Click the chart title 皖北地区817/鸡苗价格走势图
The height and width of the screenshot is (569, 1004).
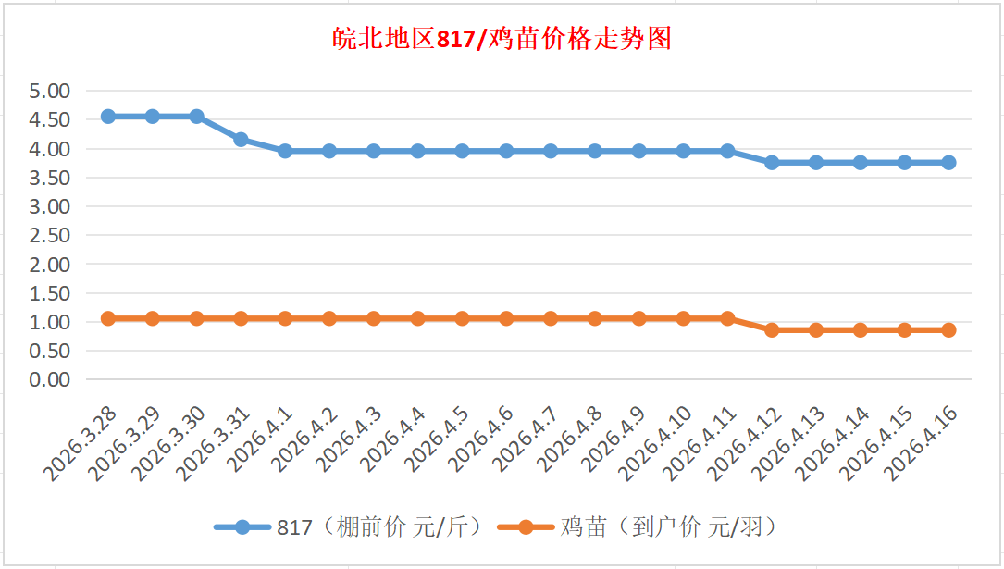pos(502,40)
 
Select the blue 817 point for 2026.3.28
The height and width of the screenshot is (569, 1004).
pos(108,117)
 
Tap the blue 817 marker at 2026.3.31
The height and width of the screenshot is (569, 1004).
pos(241,140)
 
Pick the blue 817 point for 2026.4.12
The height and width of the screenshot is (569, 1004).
pos(772,162)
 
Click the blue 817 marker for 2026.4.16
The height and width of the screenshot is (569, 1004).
pos(948,162)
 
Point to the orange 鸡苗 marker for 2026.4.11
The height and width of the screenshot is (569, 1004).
pos(727,318)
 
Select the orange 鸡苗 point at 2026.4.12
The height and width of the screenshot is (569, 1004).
pos(772,330)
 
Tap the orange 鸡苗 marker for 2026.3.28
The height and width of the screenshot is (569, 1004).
pos(108,318)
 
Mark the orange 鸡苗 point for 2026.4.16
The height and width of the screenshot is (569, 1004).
pos(948,330)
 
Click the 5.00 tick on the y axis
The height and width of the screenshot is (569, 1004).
pos(50,91)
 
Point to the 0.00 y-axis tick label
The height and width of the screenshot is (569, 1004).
pos(50,379)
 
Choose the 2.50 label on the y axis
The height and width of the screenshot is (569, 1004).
pos(50,235)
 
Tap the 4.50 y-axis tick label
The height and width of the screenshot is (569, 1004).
pos(50,119)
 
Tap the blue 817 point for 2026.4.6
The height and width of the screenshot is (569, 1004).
pos(506,151)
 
